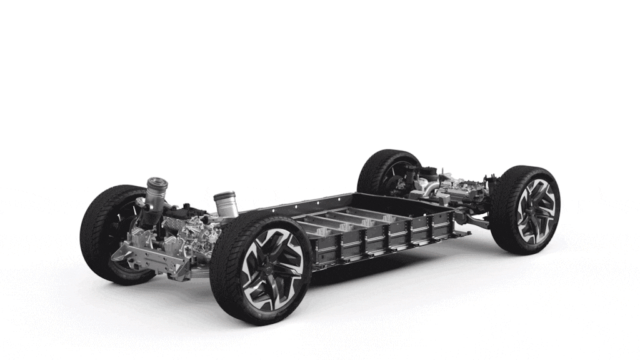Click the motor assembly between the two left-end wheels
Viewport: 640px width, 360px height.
pos(187,234)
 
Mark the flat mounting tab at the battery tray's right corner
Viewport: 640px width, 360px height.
pos(462,234)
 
